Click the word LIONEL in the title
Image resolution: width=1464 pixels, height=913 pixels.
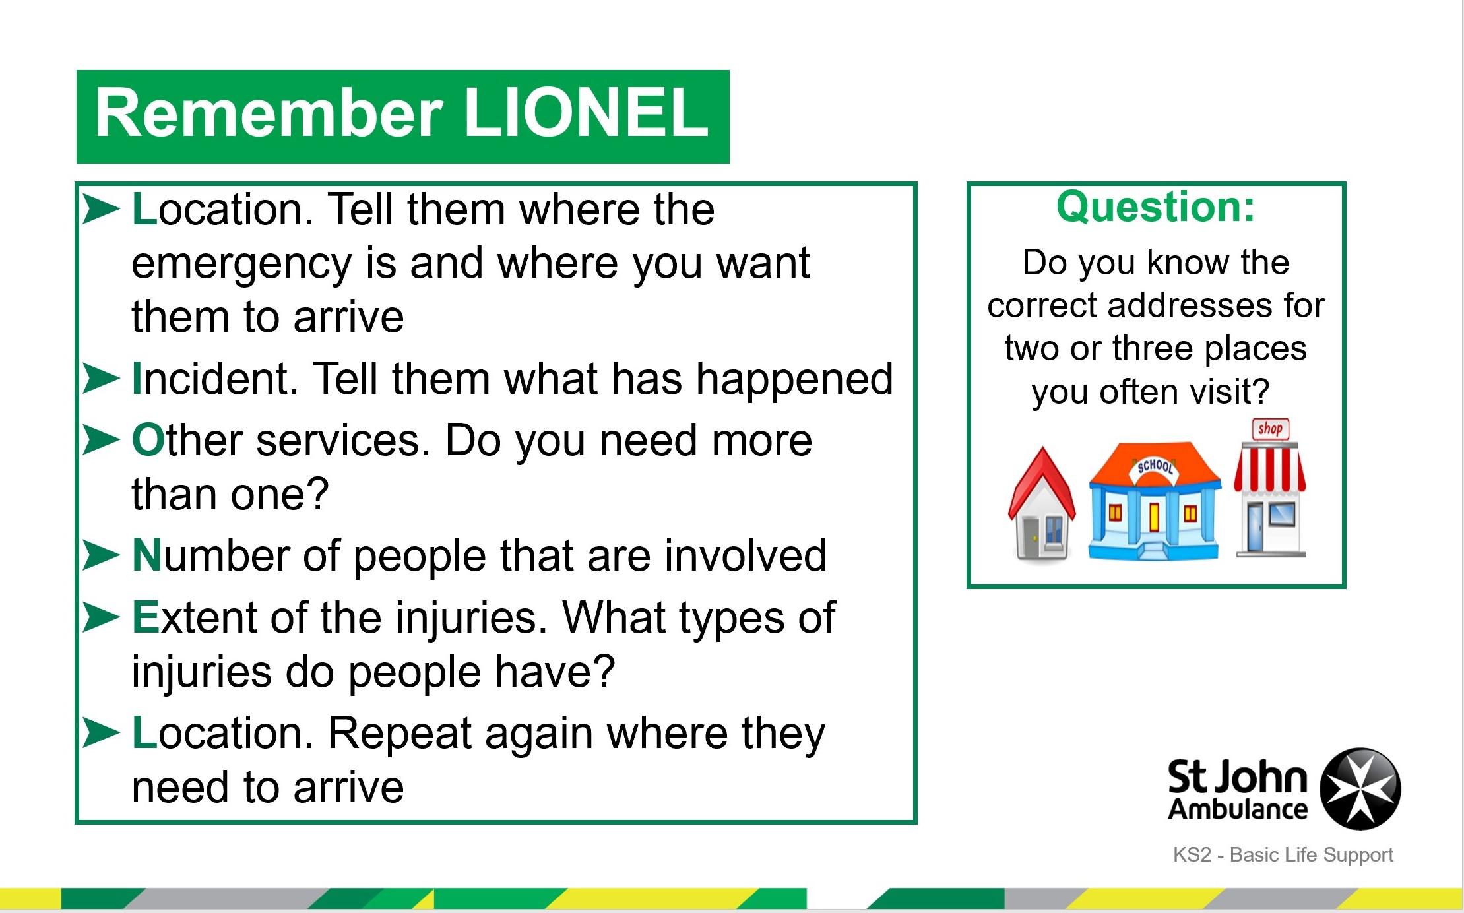pyautogui.click(x=586, y=113)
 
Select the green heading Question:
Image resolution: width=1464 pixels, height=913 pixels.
pyautogui.click(x=1156, y=208)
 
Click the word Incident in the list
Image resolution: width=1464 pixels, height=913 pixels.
pyautogui.click(x=215, y=379)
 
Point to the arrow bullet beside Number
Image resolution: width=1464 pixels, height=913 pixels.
pyautogui.click(x=101, y=555)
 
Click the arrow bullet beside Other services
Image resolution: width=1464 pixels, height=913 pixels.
pyautogui.click(x=101, y=440)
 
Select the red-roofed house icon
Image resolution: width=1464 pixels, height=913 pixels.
pyautogui.click(x=1042, y=505)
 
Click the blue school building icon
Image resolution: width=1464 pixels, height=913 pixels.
pyautogui.click(x=1154, y=501)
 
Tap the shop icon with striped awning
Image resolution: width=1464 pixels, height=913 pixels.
pyautogui.click(x=1270, y=489)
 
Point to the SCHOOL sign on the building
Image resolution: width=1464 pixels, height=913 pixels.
pyautogui.click(x=1155, y=466)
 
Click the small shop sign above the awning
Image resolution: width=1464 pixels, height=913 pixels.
pyautogui.click(x=1270, y=429)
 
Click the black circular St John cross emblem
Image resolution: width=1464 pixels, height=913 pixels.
pyautogui.click(x=1360, y=788)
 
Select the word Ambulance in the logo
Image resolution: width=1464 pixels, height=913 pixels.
pyautogui.click(x=1238, y=809)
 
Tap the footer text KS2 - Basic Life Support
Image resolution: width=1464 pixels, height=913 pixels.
pyautogui.click(x=1283, y=855)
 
